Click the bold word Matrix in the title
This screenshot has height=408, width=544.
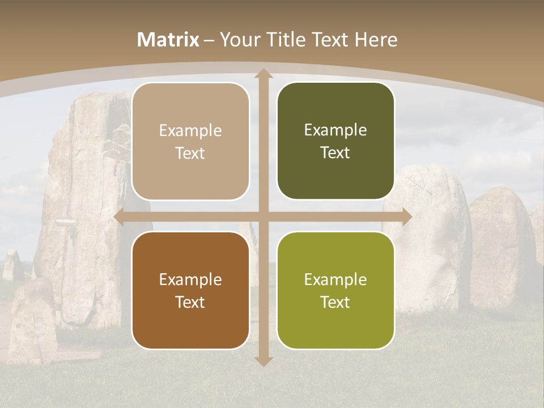coord(168,40)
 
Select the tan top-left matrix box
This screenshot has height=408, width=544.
coord(190,142)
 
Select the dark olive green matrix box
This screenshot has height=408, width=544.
coord(335,141)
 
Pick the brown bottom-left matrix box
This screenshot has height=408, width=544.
coord(190,290)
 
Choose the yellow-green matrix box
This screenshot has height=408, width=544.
coord(335,290)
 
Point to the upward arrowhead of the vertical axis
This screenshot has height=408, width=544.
coord(263,74)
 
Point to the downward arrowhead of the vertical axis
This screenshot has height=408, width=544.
coord(263,362)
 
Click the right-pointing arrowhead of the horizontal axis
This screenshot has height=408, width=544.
coord(406,217)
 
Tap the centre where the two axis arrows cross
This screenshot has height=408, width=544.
coord(263,217)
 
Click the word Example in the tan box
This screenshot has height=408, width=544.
coord(190,131)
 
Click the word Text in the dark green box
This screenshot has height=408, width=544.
coord(335,153)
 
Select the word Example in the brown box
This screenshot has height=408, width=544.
coord(190,279)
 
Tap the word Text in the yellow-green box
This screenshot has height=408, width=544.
coord(335,302)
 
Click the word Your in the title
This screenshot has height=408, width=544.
coord(237,40)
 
